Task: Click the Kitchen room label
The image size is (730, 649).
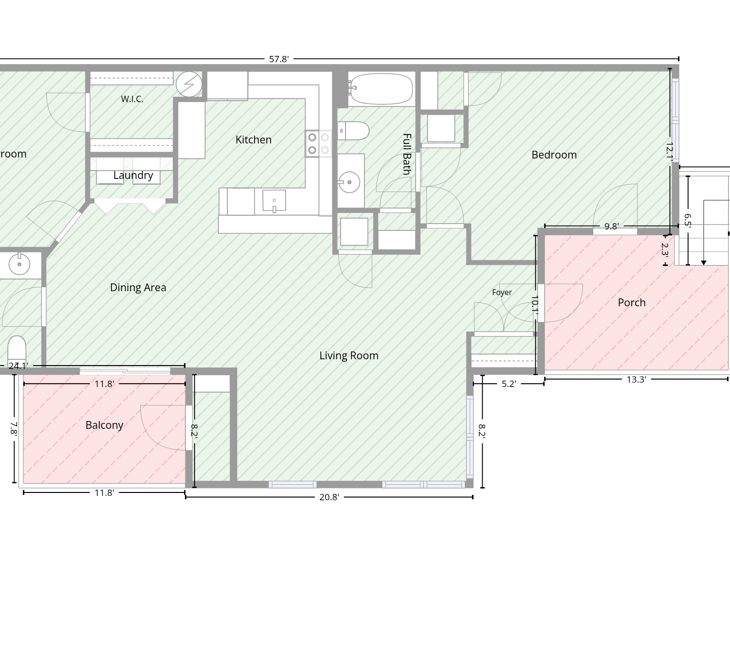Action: [x=253, y=140]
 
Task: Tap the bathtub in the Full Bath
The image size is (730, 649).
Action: [x=381, y=89]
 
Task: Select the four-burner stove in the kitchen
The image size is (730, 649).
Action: [x=318, y=143]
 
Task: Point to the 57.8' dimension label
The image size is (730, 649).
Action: [x=279, y=59]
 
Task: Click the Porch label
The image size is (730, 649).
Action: [x=632, y=303]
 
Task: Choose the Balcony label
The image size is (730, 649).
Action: [x=105, y=425]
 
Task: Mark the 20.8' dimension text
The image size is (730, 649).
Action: [x=329, y=497]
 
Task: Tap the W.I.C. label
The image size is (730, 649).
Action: [x=132, y=99]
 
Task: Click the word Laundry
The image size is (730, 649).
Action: [x=133, y=175]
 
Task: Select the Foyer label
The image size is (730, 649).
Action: [x=502, y=292]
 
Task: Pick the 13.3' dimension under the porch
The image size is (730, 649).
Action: [x=637, y=379]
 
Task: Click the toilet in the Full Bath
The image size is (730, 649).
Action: [x=353, y=131]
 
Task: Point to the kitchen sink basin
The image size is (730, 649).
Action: [x=274, y=200]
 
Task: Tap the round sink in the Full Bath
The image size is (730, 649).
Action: [x=349, y=182]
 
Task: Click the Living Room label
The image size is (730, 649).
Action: [x=349, y=356]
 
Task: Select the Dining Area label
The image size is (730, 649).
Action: [x=138, y=288]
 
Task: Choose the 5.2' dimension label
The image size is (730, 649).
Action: [x=509, y=384]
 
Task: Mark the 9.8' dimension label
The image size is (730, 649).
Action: [x=611, y=227]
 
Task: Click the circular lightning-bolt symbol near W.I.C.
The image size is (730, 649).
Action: [x=189, y=84]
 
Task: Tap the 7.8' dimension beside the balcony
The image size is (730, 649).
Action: [x=14, y=429]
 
